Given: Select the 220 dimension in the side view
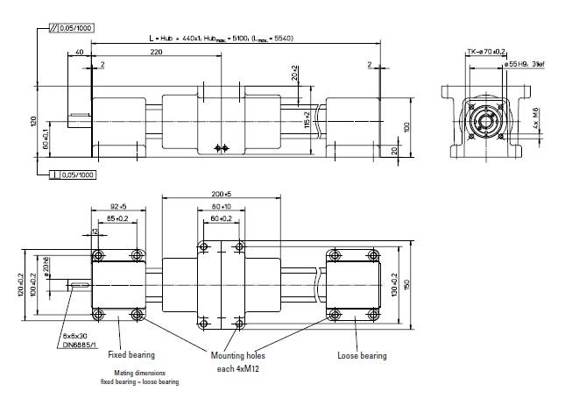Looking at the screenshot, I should click(x=156, y=53).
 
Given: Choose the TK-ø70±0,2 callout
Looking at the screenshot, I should click(x=485, y=52).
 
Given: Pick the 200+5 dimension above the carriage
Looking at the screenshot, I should click(x=220, y=193).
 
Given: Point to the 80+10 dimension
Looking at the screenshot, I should click(x=221, y=207).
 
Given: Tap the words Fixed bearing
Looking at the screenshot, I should click(x=131, y=355).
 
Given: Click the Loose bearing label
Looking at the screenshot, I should click(x=361, y=356).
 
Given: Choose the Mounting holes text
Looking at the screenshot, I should click(x=237, y=356).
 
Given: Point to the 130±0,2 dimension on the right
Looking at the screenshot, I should click(x=396, y=281).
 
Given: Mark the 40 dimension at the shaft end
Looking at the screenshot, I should click(x=80, y=53).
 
